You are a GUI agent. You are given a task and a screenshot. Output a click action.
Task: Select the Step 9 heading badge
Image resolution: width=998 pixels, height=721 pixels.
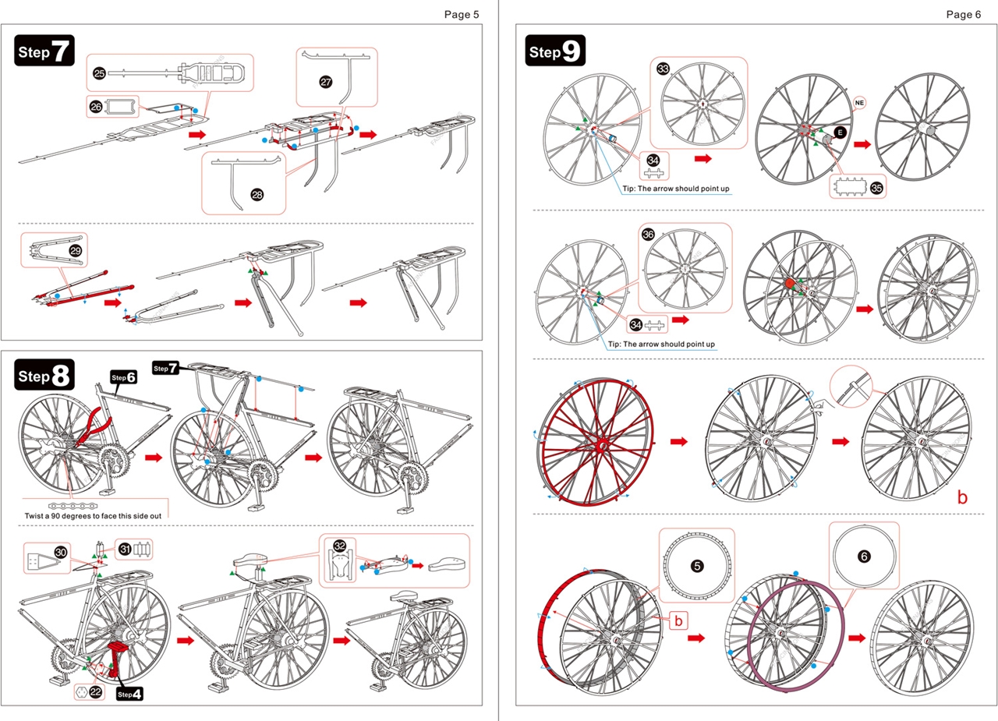(555, 51)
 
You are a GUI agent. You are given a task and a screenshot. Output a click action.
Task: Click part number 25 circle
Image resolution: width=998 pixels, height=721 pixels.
(99, 73)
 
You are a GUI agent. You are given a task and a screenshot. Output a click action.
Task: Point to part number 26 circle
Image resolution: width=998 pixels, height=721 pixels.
(96, 107)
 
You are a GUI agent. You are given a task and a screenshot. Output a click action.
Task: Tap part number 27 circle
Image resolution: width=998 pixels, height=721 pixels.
(326, 81)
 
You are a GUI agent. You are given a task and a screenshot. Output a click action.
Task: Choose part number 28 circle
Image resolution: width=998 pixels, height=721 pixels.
(257, 195)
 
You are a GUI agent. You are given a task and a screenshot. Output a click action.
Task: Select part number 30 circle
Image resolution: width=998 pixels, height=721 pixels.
(60, 553)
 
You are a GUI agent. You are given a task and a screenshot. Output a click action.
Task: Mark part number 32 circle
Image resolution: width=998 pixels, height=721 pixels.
(339, 546)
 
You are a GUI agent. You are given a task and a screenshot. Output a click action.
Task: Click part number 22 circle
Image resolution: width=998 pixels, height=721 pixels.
(95, 691)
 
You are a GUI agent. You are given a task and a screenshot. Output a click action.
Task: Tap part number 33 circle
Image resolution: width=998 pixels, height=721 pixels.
(664, 69)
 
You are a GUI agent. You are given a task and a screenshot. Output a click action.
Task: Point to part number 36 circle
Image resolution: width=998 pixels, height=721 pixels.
(648, 234)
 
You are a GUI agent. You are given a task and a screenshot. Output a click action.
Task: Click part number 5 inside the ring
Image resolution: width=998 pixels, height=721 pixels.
(696, 566)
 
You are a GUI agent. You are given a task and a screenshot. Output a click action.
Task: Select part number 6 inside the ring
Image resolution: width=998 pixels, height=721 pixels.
(863, 557)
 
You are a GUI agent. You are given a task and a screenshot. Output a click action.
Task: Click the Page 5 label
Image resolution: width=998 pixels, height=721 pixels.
(462, 14)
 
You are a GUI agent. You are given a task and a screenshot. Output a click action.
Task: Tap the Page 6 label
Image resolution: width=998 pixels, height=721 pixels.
(963, 14)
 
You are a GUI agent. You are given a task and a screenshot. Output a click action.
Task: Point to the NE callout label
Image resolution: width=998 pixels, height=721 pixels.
(860, 103)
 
